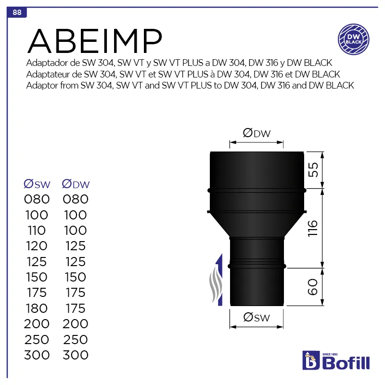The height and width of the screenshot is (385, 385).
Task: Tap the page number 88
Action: (x=17, y=13)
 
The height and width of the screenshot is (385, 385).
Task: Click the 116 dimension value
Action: (x=313, y=228)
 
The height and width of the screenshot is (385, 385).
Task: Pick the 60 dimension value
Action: (x=313, y=287)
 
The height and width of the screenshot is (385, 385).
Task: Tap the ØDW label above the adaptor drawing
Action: (x=257, y=133)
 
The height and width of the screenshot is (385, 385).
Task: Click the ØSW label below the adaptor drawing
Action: (x=257, y=317)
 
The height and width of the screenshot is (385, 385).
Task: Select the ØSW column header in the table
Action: (x=37, y=184)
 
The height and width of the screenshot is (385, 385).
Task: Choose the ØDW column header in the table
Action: (x=76, y=184)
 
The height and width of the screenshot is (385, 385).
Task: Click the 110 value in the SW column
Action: (x=37, y=231)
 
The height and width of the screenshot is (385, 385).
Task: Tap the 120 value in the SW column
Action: (x=37, y=246)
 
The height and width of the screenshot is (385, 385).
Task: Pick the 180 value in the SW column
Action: (x=37, y=308)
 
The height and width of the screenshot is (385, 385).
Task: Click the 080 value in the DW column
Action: (x=76, y=199)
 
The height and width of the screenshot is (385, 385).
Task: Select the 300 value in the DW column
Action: (x=76, y=355)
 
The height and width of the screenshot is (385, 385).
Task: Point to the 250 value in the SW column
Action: (x=37, y=339)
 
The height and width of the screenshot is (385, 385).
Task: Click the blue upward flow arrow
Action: (x=219, y=279)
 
